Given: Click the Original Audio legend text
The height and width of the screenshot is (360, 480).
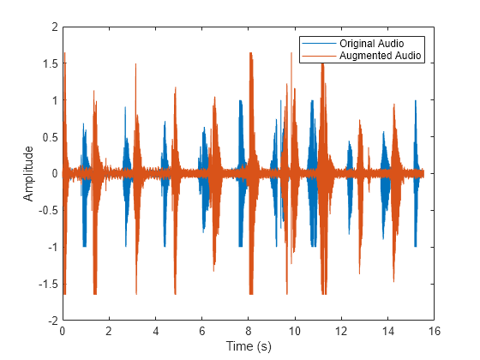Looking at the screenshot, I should pyautogui.click(x=371, y=43).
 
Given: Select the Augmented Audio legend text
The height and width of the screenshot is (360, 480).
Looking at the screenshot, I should pyautogui.click(x=376, y=56).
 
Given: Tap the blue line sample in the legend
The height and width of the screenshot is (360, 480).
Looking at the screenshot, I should pyautogui.click(x=317, y=43).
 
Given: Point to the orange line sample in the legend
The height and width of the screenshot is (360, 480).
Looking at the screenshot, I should pyautogui.click(x=317, y=56).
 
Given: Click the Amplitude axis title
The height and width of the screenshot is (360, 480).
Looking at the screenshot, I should pyautogui.click(x=28, y=173).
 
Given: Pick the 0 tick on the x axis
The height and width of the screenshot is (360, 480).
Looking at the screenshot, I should pyautogui.click(x=63, y=330).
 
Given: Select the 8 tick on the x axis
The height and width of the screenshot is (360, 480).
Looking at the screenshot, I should pyautogui.click(x=249, y=330).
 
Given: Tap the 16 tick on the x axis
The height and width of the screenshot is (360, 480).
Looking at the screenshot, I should pyautogui.click(x=435, y=330).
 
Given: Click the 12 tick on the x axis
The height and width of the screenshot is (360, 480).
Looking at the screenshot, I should pyautogui.click(x=341, y=330).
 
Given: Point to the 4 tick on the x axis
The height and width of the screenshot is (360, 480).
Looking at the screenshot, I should pyautogui.click(x=155, y=330).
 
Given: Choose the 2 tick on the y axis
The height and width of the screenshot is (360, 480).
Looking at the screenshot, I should pyautogui.click(x=54, y=27).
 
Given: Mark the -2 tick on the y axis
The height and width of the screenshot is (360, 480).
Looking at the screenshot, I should pyautogui.click(x=51, y=320).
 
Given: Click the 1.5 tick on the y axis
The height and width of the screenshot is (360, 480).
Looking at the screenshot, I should pyautogui.click(x=51, y=64).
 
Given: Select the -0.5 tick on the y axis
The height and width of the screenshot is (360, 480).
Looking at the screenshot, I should pyautogui.click(x=48, y=210).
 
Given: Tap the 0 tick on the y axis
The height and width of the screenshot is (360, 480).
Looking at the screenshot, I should pyautogui.click(x=54, y=174).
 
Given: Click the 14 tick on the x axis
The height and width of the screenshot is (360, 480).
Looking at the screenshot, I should pyautogui.click(x=387, y=330).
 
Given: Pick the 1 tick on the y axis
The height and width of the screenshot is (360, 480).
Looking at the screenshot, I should pyautogui.click(x=54, y=100).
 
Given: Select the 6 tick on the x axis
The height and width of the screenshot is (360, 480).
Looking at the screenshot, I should pyautogui.click(x=202, y=330).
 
